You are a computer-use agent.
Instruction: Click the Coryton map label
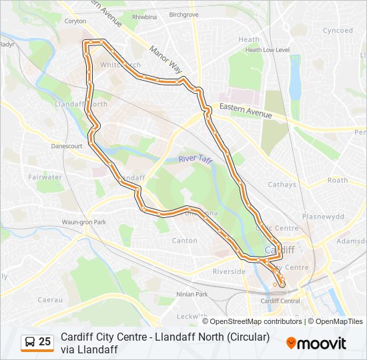[x=75, y=21]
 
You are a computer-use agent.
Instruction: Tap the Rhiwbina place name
[x=145, y=17]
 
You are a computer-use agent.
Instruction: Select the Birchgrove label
[x=184, y=14]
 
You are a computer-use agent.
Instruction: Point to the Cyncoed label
[x=338, y=31]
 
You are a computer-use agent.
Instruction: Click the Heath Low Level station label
[x=267, y=49]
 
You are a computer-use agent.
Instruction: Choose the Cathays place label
[x=282, y=185]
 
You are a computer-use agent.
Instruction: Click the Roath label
[x=338, y=180]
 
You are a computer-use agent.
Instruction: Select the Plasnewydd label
[x=322, y=217]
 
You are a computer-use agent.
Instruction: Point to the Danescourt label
[x=66, y=145]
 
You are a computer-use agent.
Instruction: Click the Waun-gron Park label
[x=84, y=222]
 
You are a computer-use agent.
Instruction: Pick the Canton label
[x=185, y=241]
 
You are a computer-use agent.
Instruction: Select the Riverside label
[x=229, y=272]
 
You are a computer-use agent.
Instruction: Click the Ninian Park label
[x=193, y=294]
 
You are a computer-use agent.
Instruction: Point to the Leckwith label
[x=193, y=315]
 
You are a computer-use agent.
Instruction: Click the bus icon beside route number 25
[x=30, y=342]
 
